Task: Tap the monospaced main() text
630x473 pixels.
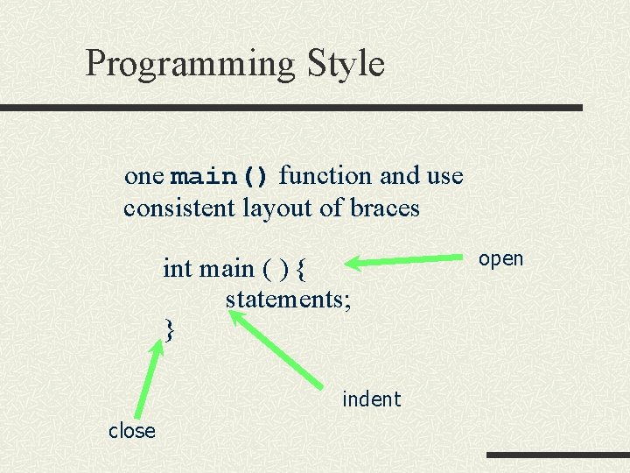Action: [220, 176]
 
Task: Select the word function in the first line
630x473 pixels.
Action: [325, 176]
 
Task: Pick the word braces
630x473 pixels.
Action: [384, 209]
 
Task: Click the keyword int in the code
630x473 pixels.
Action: [178, 268]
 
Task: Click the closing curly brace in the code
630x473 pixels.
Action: [171, 330]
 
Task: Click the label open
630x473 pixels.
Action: [501, 258]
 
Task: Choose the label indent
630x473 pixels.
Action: [371, 399]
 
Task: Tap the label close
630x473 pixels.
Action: [131, 430]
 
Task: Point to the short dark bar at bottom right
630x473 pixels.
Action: [557, 455]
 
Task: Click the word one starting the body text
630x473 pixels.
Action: [144, 176]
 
